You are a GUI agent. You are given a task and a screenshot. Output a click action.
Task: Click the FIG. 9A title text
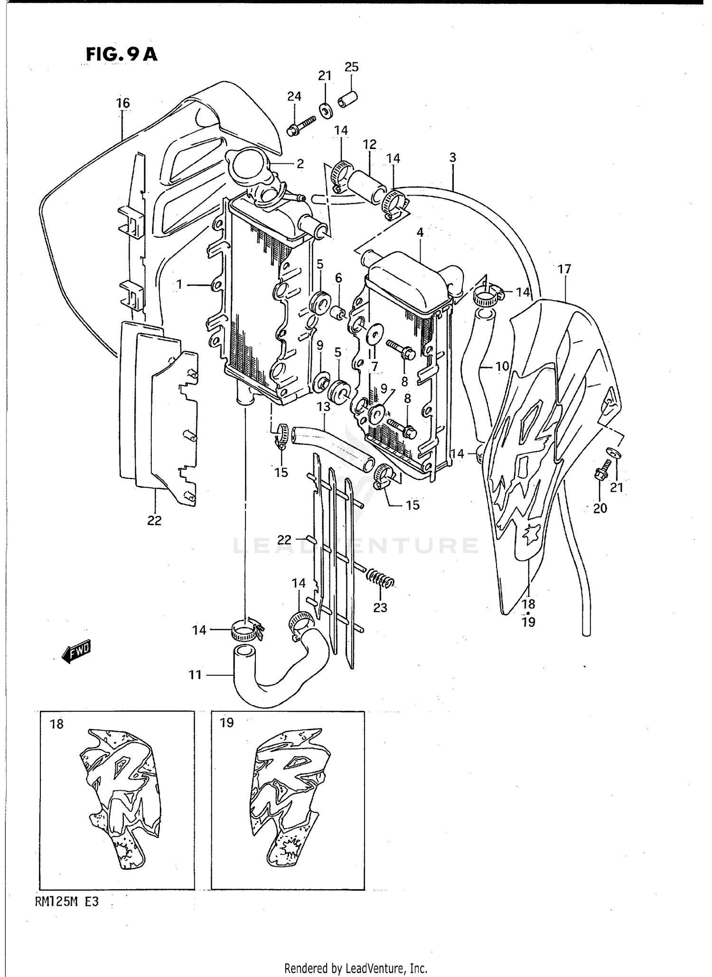click(121, 55)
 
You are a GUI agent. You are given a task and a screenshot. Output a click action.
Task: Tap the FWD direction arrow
click(76, 652)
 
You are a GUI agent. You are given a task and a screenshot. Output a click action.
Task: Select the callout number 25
click(351, 67)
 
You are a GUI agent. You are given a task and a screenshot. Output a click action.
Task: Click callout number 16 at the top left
click(122, 103)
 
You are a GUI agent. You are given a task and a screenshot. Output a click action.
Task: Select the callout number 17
click(564, 270)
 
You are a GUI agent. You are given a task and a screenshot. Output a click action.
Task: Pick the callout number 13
click(324, 407)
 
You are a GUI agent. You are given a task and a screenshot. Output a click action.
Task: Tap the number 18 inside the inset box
click(56, 725)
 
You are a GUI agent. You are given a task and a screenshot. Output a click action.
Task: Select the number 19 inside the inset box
click(227, 723)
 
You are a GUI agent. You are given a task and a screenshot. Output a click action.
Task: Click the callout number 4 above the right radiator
click(420, 233)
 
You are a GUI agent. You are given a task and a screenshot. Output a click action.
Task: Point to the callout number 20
click(600, 508)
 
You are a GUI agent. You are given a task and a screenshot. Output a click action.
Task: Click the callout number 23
click(380, 607)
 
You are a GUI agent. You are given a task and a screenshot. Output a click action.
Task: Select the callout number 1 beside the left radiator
click(179, 284)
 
